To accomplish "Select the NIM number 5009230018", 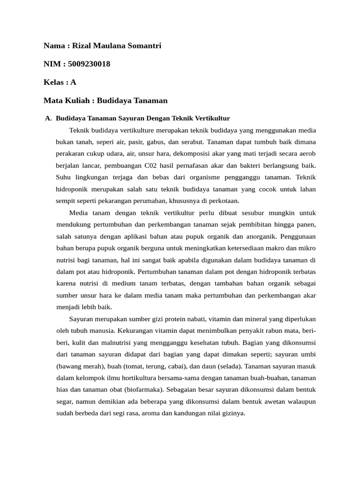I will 89,64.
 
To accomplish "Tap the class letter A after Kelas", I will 73,82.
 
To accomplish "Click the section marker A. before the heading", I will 48,118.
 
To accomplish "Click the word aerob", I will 307,153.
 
